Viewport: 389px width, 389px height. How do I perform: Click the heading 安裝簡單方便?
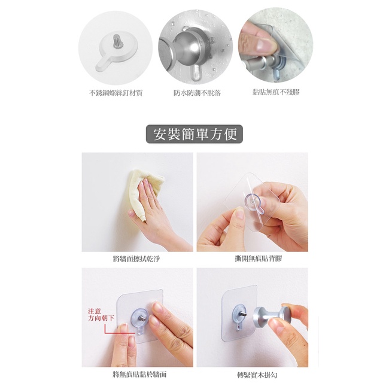click(x=194, y=134)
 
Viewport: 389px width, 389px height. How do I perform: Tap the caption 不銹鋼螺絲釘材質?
click(x=116, y=93)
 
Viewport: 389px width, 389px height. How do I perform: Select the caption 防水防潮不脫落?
click(x=197, y=93)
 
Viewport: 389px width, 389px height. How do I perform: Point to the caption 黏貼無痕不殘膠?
click(x=276, y=92)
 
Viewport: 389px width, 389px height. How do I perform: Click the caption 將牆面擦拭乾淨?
click(x=136, y=259)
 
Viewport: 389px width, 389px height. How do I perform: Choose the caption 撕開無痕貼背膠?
click(x=259, y=259)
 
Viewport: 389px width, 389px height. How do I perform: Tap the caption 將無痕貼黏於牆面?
click(x=139, y=374)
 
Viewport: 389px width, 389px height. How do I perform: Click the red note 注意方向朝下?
click(x=101, y=315)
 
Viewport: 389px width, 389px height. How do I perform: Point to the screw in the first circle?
click(x=116, y=41)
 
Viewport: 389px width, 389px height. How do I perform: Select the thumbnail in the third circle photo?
click(x=265, y=45)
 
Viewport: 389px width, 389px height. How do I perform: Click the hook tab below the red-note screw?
click(x=140, y=330)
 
